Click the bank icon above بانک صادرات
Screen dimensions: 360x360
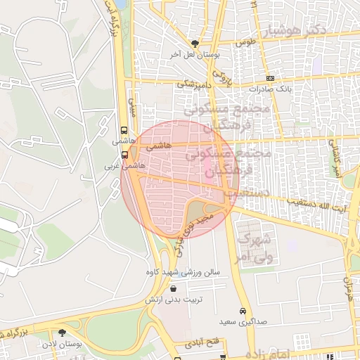pos(270,78)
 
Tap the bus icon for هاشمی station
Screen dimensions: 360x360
pos(124,130)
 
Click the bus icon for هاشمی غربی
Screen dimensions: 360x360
pos(124,155)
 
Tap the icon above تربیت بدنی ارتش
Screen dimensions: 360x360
pos(174,288)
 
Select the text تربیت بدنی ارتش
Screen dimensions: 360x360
pos(174,300)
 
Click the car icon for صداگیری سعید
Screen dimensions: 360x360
pos(243,311)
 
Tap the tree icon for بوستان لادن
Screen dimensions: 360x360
pos(63,333)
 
